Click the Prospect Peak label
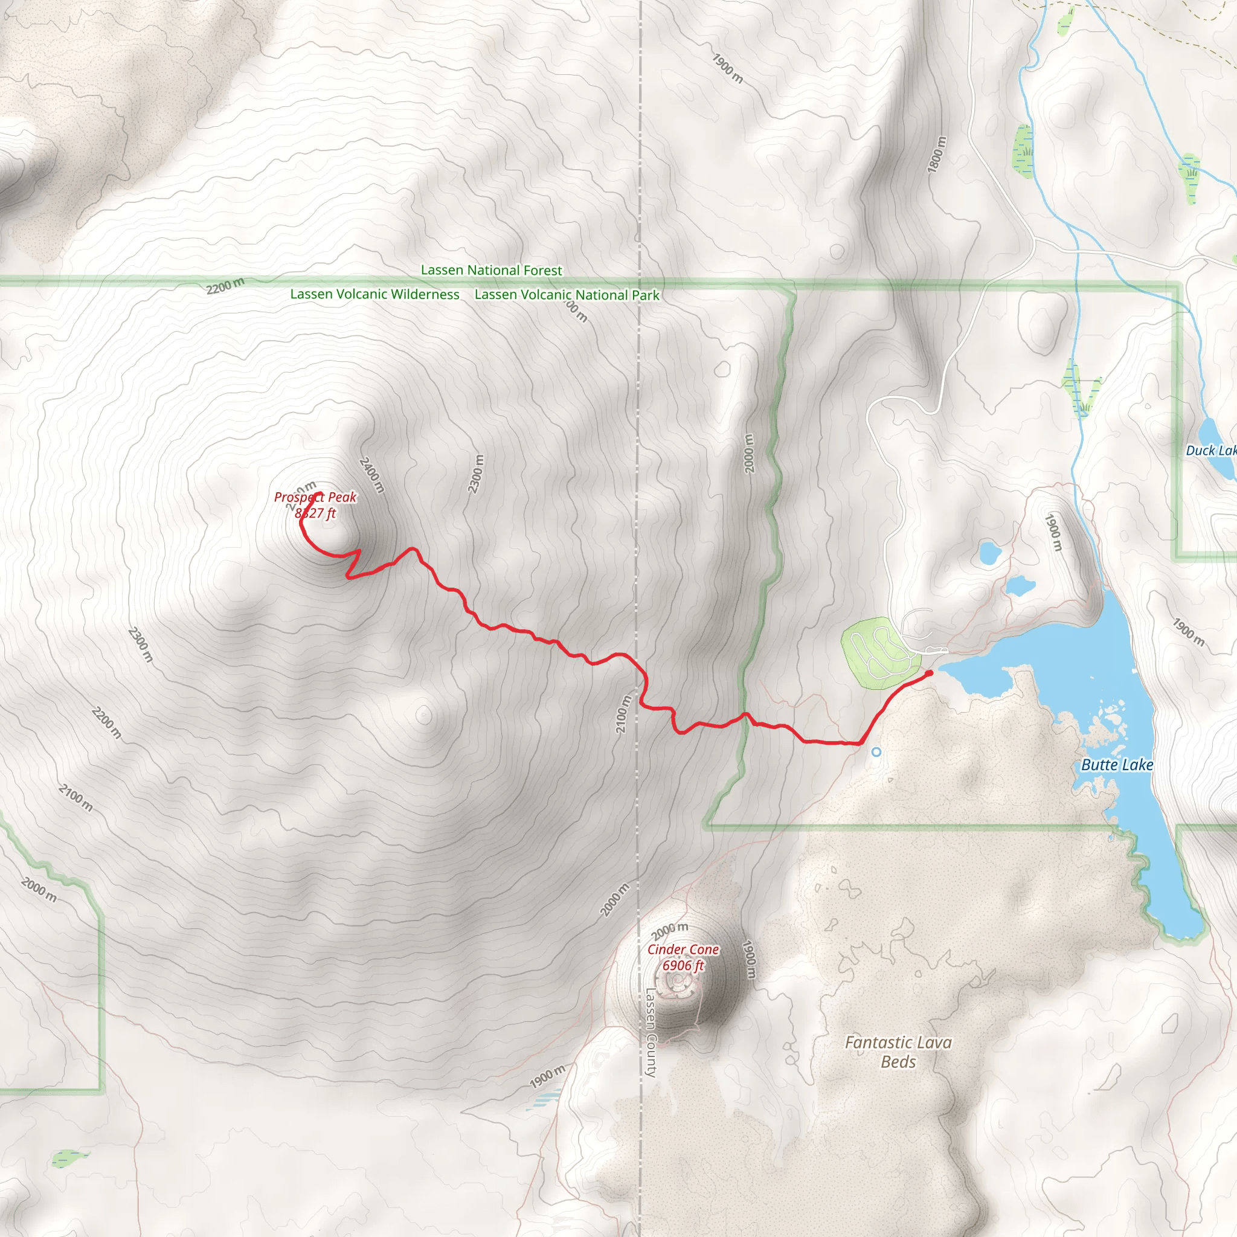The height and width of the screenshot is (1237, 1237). pos(315,498)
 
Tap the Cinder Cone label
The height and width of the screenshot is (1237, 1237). pos(683,949)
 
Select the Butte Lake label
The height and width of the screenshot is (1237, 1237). pos(1117,765)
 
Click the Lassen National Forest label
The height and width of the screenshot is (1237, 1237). pos(491,270)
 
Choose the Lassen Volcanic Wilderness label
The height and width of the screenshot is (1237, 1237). pos(374,295)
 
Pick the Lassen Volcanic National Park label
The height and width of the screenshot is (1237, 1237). pos(567,295)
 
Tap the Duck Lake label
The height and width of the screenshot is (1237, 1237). pos(1210,451)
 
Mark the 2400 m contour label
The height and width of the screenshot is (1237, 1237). pos(371,475)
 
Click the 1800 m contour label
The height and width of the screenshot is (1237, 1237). pos(936,154)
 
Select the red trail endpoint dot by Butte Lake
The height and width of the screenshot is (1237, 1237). pos(929,673)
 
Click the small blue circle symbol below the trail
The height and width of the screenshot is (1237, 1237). pos(876,753)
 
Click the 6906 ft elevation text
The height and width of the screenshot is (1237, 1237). pos(683,966)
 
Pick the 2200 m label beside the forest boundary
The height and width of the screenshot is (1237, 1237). pos(225,286)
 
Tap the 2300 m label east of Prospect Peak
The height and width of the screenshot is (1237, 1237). pos(476,474)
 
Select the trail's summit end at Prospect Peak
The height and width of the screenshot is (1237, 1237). pos(318,493)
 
